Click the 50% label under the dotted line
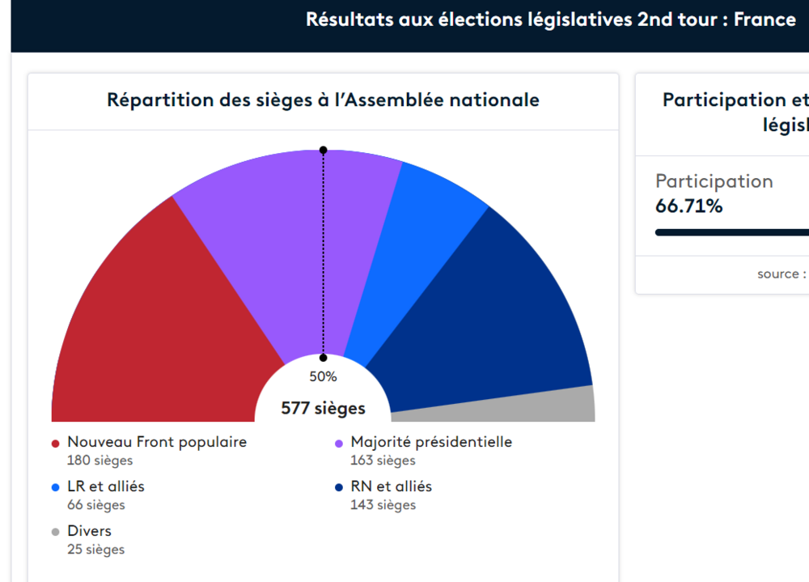[x=323, y=376]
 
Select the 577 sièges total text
[x=323, y=409]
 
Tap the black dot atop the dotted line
[x=323, y=150]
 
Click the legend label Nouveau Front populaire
[x=157, y=442]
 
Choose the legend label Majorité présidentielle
[x=431, y=442]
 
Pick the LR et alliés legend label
[x=106, y=486]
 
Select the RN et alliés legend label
[x=391, y=486]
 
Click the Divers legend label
[x=89, y=531]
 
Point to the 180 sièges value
[x=100, y=461]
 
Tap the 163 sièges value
[x=383, y=461]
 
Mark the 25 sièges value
[x=95, y=550]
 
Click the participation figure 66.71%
[x=688, y=206]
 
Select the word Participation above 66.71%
[x=714, y=181]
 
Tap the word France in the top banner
[x=765, y=19]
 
